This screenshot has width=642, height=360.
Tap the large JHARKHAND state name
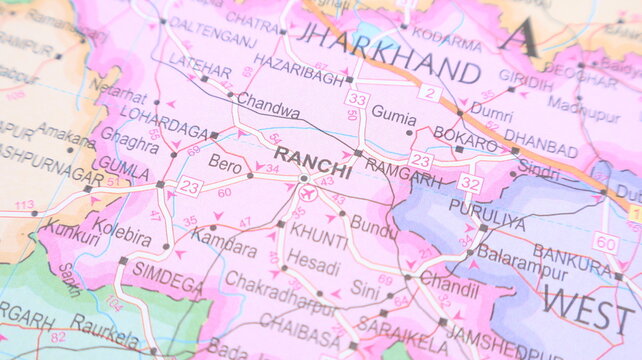click(x=389, y=47)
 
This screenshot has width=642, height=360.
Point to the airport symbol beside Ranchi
click(x=308, y=192)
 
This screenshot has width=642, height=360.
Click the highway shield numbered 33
click(x=357, y=99)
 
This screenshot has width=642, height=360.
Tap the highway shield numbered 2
click(x=430, y=93)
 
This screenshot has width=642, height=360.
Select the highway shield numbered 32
click(x=470, y=183)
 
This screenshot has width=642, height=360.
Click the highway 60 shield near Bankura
click(x=605, y=242)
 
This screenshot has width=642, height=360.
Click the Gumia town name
click(x=394, y=114)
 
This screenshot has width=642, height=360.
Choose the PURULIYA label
click(x=487, y=213)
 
